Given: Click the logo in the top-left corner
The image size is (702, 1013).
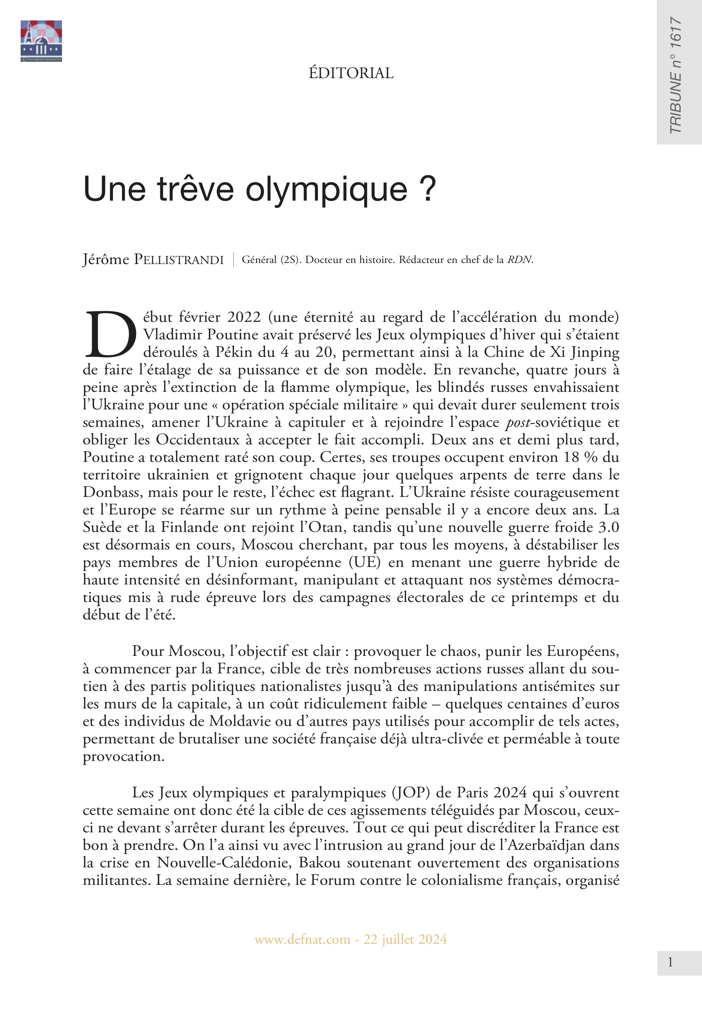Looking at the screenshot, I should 41,41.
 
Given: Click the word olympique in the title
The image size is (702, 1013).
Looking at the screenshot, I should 326,189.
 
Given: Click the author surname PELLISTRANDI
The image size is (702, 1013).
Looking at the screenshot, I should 179,260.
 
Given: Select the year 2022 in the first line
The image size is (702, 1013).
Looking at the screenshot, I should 244,317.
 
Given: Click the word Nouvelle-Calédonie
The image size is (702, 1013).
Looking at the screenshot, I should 224,862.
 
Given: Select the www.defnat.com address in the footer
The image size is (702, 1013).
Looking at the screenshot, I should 303,939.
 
